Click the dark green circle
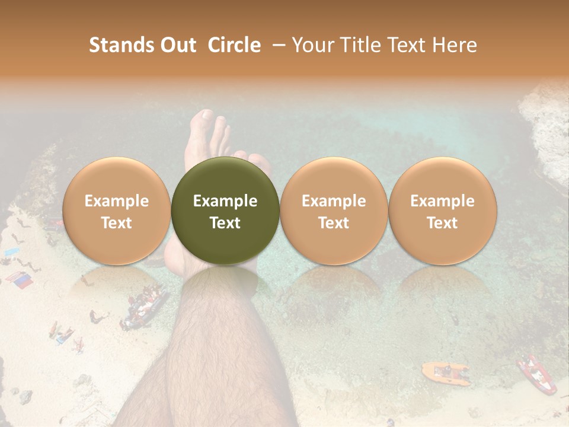pyautogui.click(x=225, y=211)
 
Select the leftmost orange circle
pyautogui.click(x=117, y=211)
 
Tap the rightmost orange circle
pyautogui.click(x=442, y=211)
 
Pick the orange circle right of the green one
pyautogui.click(x=334, y=211)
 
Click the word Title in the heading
pyautogui.click(x=359, y=45)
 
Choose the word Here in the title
pyautogui.click(x=455, y=45)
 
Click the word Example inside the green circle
pyautogui.click(x=225, y=201)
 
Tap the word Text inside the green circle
pyautogui.click(x=225, y=223)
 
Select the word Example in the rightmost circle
pyautogui.click(x=442, y=201)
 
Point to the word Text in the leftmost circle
pyautogui.click(x=117, y=223)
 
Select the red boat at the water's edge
pyautogui.click(x=536, y=374)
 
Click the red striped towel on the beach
pyautogui.click(x=20, y=280)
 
